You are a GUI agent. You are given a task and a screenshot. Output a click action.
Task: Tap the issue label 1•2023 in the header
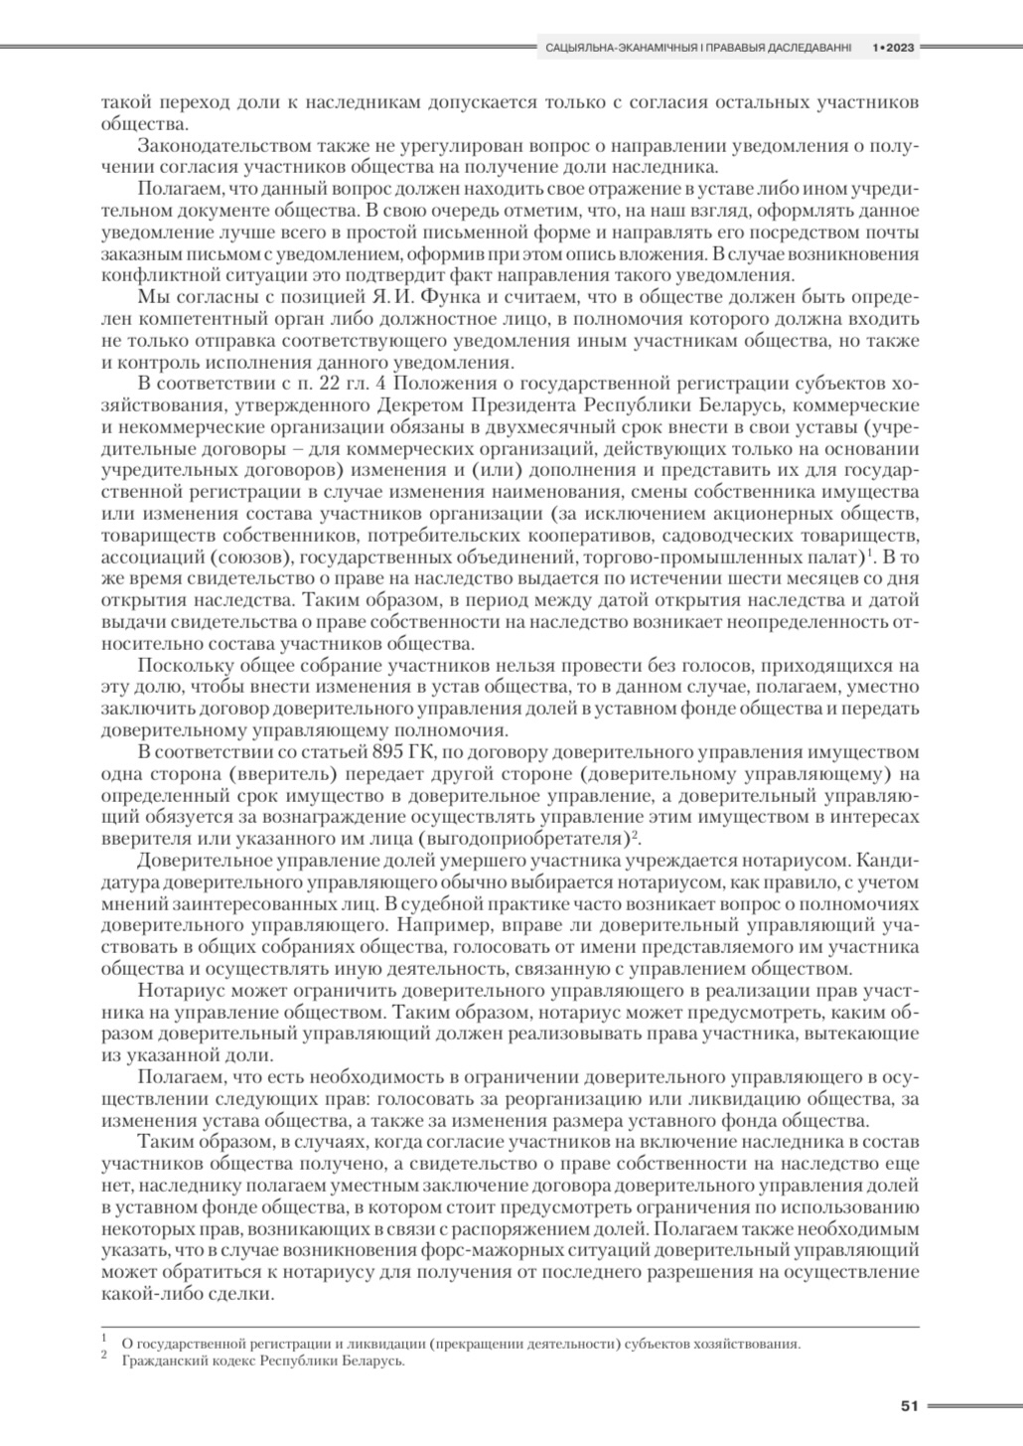click(893, 47)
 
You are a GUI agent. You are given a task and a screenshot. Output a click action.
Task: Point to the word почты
click(895, 232)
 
